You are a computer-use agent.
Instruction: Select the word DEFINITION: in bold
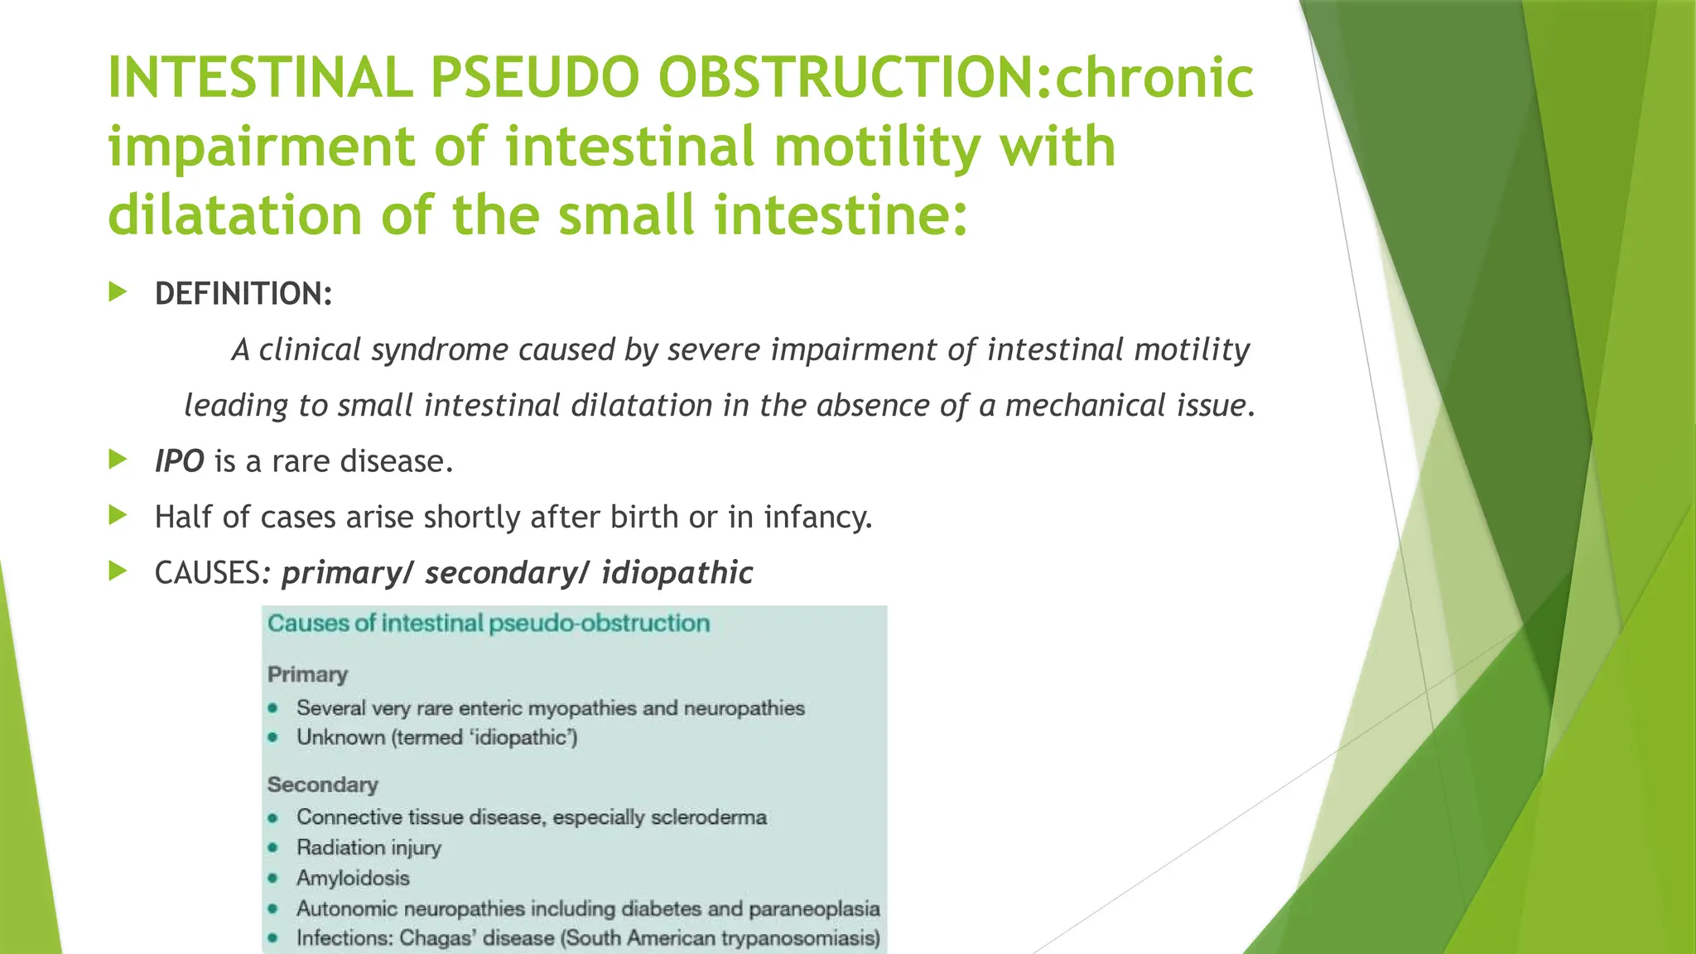243,294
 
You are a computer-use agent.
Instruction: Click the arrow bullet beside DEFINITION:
118,291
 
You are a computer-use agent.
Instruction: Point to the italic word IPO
179,461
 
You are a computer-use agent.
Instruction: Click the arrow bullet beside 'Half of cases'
118,515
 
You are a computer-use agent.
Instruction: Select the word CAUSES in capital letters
208,573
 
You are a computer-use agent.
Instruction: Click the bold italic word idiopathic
677,573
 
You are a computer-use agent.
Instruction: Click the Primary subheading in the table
307,674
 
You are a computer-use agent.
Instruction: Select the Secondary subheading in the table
322,784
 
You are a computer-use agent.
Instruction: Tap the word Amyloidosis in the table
353,878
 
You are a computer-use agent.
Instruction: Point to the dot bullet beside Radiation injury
272,848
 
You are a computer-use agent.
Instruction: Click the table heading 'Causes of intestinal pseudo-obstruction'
489,624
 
